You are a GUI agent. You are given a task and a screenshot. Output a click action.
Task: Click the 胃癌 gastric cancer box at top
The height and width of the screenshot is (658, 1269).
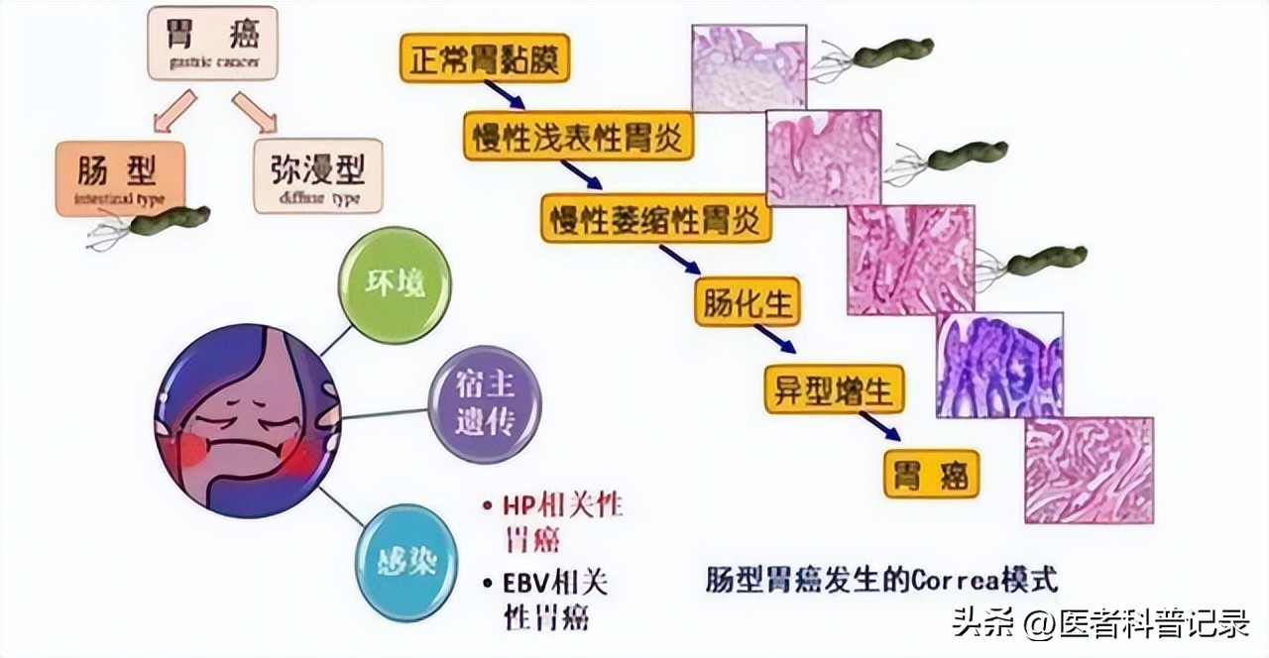point(213,44)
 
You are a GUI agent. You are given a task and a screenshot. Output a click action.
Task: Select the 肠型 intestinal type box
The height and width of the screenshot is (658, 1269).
point(121,176)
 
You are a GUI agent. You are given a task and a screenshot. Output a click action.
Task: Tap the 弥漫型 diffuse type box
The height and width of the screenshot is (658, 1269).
point(316,176)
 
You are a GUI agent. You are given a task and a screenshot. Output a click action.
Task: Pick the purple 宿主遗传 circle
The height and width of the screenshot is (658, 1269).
point(485,404)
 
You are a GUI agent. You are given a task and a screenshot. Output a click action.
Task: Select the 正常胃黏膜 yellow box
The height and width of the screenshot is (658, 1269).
point(486,58)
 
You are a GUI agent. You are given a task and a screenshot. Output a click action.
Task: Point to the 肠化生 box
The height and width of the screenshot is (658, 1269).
point(750,303)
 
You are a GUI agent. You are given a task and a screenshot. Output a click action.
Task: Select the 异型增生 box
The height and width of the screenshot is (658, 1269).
point(834,388)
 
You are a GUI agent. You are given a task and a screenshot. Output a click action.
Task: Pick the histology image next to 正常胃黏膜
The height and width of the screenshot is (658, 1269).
point(748,67)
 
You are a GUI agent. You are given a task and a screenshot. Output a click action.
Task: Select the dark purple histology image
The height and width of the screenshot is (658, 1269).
point(999,364)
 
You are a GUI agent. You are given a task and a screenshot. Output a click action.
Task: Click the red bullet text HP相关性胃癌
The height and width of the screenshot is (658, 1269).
point(557,521)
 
